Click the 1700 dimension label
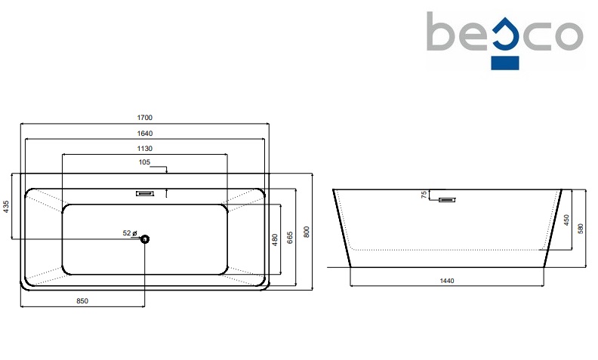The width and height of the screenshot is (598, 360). tap(145, 117)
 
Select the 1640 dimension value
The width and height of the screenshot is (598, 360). tap(145, 133)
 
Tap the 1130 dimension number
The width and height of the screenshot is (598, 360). tap(145, 149)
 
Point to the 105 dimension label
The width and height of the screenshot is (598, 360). tap(145, 162)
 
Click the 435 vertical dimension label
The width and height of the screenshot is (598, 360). tap(7, 208)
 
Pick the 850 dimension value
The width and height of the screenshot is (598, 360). tap(82, 301)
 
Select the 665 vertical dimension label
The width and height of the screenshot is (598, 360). tap(290, 238)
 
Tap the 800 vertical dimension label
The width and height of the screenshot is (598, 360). tap(307, 232)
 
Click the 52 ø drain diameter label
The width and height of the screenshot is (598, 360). tap(129, 234)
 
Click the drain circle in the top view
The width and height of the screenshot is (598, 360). tap(146, 239)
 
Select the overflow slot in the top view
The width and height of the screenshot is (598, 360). tap(145, 193)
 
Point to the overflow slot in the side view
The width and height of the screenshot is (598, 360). tap(448, 200)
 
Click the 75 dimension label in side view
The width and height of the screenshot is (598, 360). tap(425, 195)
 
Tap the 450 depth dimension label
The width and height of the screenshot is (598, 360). tap(566, 220)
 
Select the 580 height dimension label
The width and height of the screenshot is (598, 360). tap(581, 227)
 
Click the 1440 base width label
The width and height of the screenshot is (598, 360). tap(446, 281)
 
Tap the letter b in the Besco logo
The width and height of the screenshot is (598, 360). tap(440, 32)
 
